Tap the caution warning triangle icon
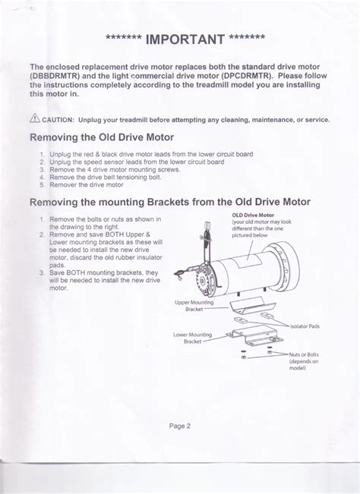34,119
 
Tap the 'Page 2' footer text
180,425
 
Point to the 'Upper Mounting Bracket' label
194,306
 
